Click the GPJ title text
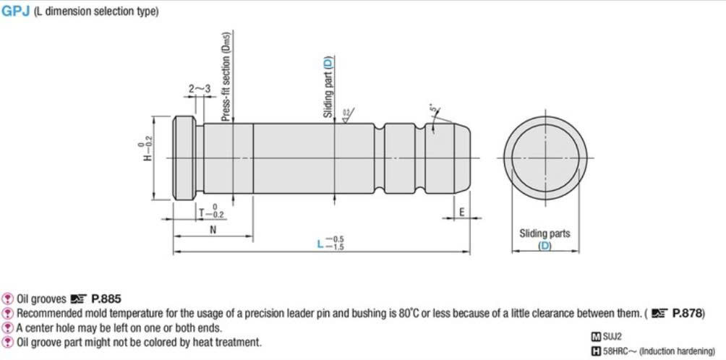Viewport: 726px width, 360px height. click(15, 12)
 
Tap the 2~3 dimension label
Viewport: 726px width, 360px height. click(200, 88)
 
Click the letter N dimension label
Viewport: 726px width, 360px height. click(213, 229)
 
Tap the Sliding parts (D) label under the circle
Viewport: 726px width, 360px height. click(544, 239)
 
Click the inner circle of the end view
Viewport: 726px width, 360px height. click(545, 158)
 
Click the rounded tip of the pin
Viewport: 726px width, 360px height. click(464, 158)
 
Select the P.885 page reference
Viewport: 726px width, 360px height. click(106, 299)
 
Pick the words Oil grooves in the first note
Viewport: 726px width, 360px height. click(41, 299)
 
